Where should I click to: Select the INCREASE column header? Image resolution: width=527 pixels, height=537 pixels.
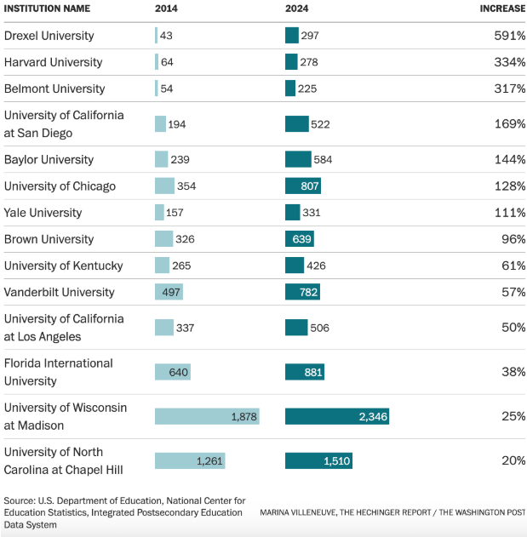point(502,9)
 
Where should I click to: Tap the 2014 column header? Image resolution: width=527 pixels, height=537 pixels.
point(166,9)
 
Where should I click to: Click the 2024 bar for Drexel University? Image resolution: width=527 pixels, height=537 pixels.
point(291,36)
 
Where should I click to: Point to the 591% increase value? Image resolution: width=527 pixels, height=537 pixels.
point(509,36)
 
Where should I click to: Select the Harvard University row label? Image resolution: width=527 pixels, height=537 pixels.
point(53,62)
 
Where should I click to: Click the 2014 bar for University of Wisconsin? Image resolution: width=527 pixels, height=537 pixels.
point(207,416)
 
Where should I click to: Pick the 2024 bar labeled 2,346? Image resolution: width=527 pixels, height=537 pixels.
point(337,416)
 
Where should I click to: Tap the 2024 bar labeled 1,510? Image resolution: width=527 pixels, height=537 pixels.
point(318,460)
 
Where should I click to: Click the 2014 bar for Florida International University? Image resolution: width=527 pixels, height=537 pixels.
point(173,372)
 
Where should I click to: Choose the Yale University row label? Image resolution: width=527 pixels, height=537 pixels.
point(43,213)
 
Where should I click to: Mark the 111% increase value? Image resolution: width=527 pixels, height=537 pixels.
point(509,213)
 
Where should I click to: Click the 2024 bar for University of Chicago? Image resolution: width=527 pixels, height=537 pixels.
point(303,186)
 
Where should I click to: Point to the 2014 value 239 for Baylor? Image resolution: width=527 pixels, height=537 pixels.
point(180,160)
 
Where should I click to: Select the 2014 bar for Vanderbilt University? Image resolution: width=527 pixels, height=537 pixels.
point(169,292)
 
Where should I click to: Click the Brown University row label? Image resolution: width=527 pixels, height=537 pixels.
point(49,239)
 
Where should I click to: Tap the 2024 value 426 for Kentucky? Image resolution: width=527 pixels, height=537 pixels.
point(316,266)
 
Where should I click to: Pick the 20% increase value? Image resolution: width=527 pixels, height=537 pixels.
point(513,460)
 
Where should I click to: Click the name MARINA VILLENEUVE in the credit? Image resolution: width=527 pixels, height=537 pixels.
point(298,512)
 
